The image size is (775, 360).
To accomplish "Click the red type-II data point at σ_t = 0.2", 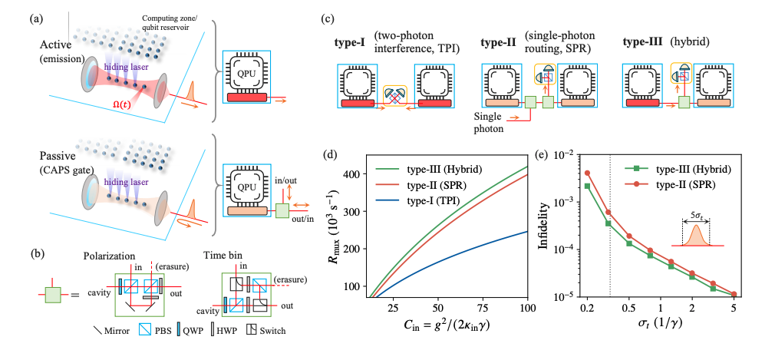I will click(x=588, y=173).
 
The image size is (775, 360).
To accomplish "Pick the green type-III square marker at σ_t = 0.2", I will click(x=588, y=186).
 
